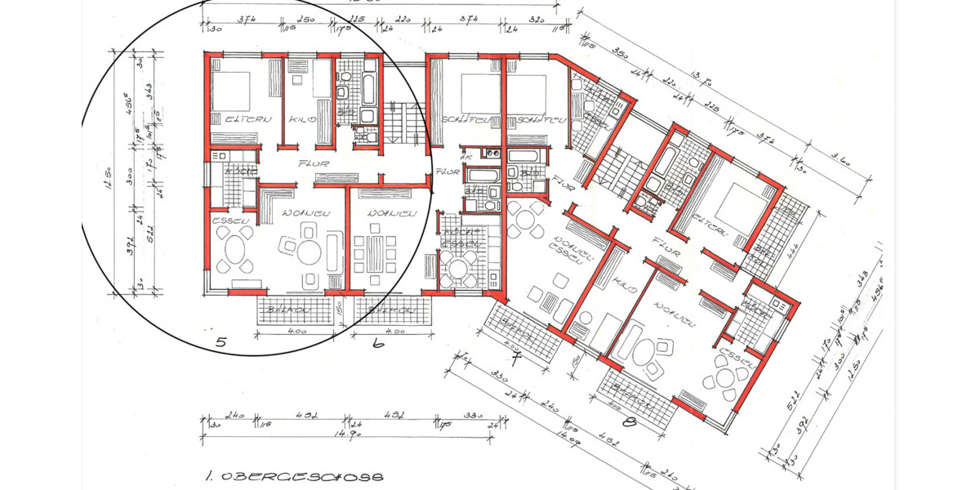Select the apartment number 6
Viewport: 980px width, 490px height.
pyautogui.click(x=376, y=345)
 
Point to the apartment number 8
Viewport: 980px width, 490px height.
pyautogui.click(x=629, y=422)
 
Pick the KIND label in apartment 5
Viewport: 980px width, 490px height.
pyautogui.click(x=298, y=119)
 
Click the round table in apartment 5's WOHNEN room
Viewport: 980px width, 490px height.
pyautogui.click(x=309, y=252)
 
